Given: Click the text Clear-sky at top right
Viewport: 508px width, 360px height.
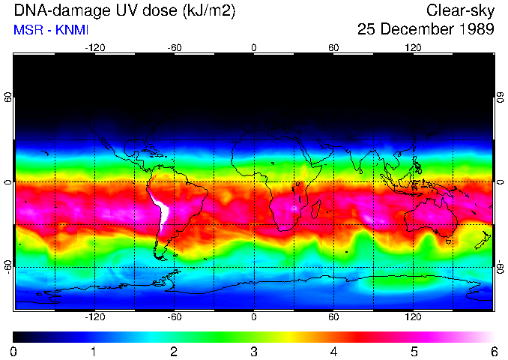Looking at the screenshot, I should point(460,10).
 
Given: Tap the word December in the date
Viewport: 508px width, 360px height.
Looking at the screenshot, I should point(418,30).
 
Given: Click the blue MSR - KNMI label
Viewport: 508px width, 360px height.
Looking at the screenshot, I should point(51,30).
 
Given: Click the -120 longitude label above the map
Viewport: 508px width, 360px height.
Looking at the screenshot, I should point(94,47).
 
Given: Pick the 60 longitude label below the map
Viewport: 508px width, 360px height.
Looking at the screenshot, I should point(333,317).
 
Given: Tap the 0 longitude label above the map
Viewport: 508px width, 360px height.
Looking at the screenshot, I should point(254,47).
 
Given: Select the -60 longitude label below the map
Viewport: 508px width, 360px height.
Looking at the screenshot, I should point(174,317).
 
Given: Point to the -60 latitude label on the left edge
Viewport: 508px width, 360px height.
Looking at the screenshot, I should point(8,266).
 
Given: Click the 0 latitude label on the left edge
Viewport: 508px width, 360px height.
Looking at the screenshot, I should point(8,182).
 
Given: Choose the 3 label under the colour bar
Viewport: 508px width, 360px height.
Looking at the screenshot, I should point(254,351).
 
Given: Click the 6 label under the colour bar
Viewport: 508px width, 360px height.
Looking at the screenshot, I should point(494,351).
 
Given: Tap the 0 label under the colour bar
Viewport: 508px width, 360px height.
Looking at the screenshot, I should point(14,351).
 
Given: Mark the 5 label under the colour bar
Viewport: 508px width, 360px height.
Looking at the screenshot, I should point(414,351).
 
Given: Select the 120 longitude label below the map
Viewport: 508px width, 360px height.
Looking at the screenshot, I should point(413,317).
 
